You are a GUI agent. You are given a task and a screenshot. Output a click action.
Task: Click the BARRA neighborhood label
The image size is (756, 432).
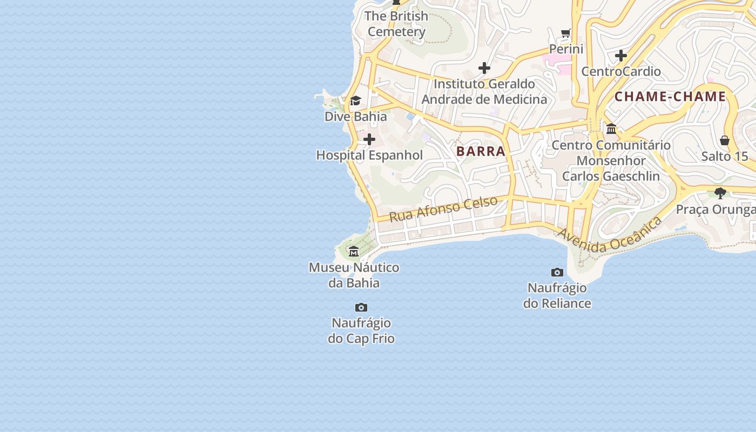481,151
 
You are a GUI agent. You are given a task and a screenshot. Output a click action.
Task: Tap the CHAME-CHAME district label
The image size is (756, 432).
670,97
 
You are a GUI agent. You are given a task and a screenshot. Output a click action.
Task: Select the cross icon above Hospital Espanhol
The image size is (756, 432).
369,140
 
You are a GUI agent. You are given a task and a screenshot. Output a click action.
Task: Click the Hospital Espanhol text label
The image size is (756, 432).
369,156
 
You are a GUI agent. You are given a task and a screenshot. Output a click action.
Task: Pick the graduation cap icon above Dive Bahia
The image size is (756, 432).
355,101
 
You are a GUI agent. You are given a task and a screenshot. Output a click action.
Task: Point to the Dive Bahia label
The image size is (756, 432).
355,117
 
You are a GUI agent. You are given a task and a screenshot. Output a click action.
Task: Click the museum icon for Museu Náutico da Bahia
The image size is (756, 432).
354,252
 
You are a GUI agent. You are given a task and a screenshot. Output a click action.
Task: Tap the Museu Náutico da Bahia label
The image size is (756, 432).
354,275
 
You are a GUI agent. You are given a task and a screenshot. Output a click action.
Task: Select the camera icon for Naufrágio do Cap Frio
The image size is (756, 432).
361,308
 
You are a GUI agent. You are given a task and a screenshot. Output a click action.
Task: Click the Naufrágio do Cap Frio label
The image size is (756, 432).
361,331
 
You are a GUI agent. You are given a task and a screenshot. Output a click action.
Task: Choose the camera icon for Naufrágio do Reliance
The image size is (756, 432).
557,272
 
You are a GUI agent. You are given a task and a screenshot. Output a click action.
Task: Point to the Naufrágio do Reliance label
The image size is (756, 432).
557,295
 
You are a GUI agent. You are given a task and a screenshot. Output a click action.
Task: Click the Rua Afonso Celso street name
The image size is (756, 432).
443,209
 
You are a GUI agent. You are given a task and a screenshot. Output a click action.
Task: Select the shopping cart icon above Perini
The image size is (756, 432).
566,33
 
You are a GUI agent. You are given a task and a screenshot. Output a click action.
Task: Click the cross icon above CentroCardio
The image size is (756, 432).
621,56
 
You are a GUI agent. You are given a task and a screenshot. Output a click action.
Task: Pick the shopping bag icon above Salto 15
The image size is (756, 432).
725,141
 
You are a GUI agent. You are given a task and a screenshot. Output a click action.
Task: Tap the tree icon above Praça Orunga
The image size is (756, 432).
720,193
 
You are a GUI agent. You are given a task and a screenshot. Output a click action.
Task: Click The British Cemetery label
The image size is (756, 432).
396,24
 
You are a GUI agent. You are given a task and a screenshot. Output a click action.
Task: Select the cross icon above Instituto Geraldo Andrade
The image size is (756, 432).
484,68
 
